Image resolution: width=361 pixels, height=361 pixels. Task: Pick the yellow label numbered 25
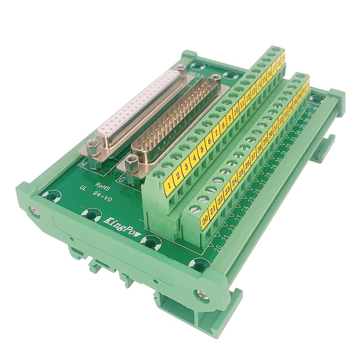coord(241,172)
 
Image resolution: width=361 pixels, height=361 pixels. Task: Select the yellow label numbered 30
coord(271,134)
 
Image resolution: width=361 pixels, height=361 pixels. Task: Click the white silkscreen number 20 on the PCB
coord(218,248)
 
